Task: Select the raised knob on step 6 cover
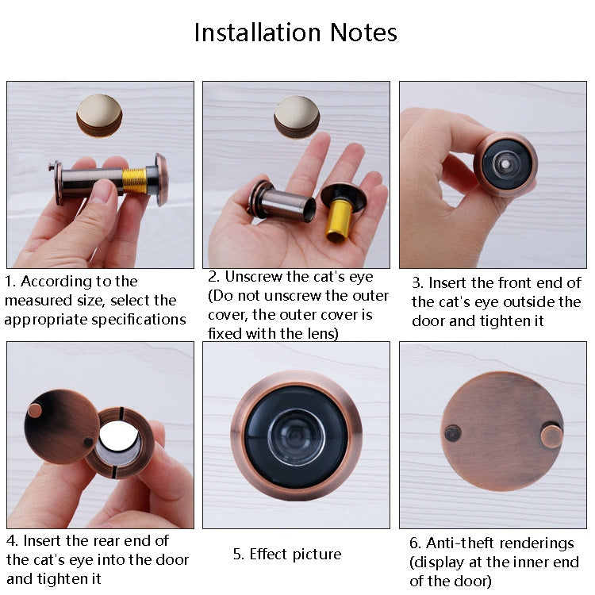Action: pos(551,435)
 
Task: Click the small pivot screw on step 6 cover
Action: pos(452,432)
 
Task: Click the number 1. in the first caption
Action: pos(10,282)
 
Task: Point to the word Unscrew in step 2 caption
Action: pos(252,277)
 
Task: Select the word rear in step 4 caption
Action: pos(108,540)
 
